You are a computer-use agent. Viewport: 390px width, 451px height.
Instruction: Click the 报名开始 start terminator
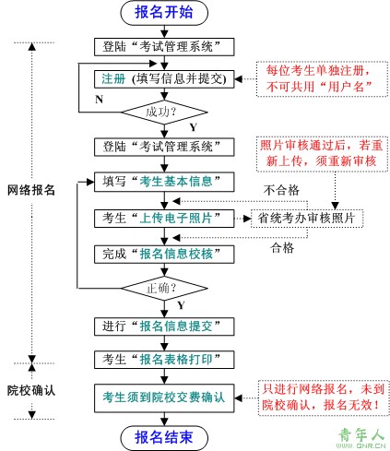pyautogui.click(x=164, y=13)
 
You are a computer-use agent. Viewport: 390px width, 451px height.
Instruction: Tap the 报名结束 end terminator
pyautogui.click(x=164, y=438)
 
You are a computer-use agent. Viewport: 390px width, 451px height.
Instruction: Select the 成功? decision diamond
pyautogui.click(x=164, y=113)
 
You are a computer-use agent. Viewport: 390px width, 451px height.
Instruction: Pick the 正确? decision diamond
pyautogui.click(x=164, y=289)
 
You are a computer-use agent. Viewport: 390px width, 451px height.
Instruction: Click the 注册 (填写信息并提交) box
pyautogui.click(x=164, y=79)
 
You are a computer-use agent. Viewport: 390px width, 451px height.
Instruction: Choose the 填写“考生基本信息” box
pyautogui.click(x=164, y=182)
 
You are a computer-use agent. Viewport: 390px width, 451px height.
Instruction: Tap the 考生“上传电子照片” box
pyautogui.click(x=164, y=219)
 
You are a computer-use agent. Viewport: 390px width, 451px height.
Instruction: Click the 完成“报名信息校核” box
pyautogui.click(x=164, y=255)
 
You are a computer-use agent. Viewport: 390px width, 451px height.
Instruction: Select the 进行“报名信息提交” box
pyautogui.click(x=164, y=326)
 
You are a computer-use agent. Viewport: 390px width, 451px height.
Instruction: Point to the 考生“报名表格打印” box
pyautogui.click(x=164, y=360)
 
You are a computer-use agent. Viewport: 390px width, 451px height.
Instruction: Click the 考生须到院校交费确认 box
pyautogui.click(x=164, y=398)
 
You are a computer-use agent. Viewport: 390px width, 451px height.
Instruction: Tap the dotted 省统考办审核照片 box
pyautogui.click(x=307, y=219)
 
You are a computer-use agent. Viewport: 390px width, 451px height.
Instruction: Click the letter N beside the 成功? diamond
pyautogui.click(x=99, y=100)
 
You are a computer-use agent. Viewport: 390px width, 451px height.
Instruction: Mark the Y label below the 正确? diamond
pyautogui.click(x=181, y=305)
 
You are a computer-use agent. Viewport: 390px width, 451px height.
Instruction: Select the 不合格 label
pyautogui.click(x=281, y=190)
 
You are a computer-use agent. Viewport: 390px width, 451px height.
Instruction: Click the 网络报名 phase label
pyautogui.click(x=31, y=190)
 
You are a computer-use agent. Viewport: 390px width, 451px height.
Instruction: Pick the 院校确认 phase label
pyautogui.click(x=31, y=390)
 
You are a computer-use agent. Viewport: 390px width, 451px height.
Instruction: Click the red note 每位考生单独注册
pyautogui.click(x=322, y=79)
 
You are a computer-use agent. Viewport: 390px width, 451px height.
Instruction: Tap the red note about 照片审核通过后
pyautogui.click(x=322, y=154)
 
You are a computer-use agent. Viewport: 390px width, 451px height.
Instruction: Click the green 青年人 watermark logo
pyautogui.click(x=361, y=438)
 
